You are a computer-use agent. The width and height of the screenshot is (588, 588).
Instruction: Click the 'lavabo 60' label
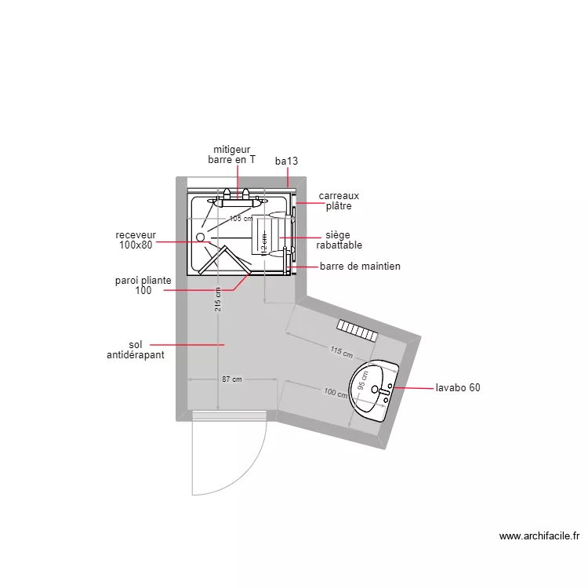pyautogui.click(x=458, y=387)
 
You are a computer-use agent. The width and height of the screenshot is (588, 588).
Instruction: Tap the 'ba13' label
pyautogui.click(x=286, y=161)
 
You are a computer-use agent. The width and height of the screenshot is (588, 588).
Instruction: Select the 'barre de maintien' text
pyautogui.click(x=360, y=267)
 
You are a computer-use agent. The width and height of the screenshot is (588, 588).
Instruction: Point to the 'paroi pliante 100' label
pyautogui.click(x=143, y=285)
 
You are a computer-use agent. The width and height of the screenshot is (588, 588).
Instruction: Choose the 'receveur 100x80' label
pyautogui.click(x=136, y=240)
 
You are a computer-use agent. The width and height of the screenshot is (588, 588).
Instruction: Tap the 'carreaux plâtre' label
pyautogui.click(x=339, y=201)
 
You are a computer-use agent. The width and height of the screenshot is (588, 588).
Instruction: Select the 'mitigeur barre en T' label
pyautogui.click(x=231, y=154)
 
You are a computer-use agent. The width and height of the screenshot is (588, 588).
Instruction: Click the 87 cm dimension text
pyautogui.click(x=231, y=379)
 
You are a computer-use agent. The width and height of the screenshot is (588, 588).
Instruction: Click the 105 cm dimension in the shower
pyautogui.click(x=240, y=219)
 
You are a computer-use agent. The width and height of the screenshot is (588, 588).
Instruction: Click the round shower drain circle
pyautogui.click(x=200, y=236)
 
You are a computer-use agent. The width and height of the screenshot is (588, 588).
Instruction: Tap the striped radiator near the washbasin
pyautogui.click(x=357, y=329)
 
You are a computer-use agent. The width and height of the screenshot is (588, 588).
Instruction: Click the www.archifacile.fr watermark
pyautogui.click(x=539, y=536)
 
